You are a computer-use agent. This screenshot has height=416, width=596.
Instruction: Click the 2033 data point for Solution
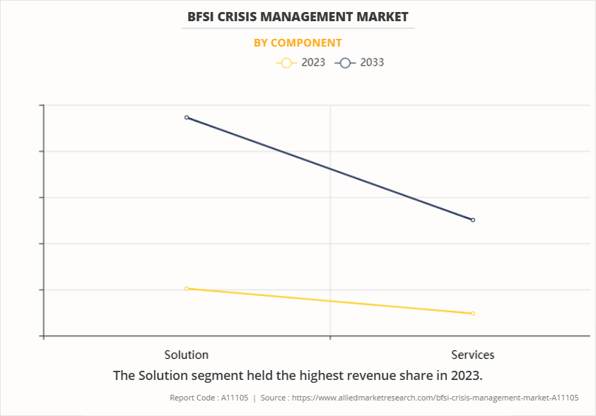pyautogui.click(x=187, y=117)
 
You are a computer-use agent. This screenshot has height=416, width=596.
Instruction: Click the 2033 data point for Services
pyautogui.click(x=473, y=220)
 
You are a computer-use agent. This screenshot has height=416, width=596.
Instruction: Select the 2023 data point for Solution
pyautogui.click(x=187, y=288)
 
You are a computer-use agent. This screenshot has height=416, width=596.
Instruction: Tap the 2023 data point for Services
pyautogui.click(x=473, y=313)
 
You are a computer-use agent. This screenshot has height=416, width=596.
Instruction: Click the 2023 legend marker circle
pyautogui.click(x=286, y=63)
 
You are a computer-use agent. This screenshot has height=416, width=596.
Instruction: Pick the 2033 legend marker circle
pyautogui.click(x=344, y=63)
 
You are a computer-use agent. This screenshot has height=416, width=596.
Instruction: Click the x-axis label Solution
pyautogui.click(x=187, y=355)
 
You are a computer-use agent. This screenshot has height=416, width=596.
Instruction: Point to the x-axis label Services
pyautogui.click(x=473, y=355)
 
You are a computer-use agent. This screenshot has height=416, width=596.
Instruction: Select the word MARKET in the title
pyautogui.click(x=382, y=16)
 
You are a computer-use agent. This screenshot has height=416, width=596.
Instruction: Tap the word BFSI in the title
pyautogui.click(x=202, y=16)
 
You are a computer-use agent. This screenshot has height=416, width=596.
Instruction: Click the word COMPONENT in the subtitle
pyautogui.click(x=306, y=42)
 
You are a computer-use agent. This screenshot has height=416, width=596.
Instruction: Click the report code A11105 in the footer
pyautogui.click(x=234, y=398)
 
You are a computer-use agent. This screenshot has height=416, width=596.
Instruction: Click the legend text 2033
pyautogui.click(x=372, y=62)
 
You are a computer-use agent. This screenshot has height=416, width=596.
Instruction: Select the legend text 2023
pyautogui.click(x=313, y=62)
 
